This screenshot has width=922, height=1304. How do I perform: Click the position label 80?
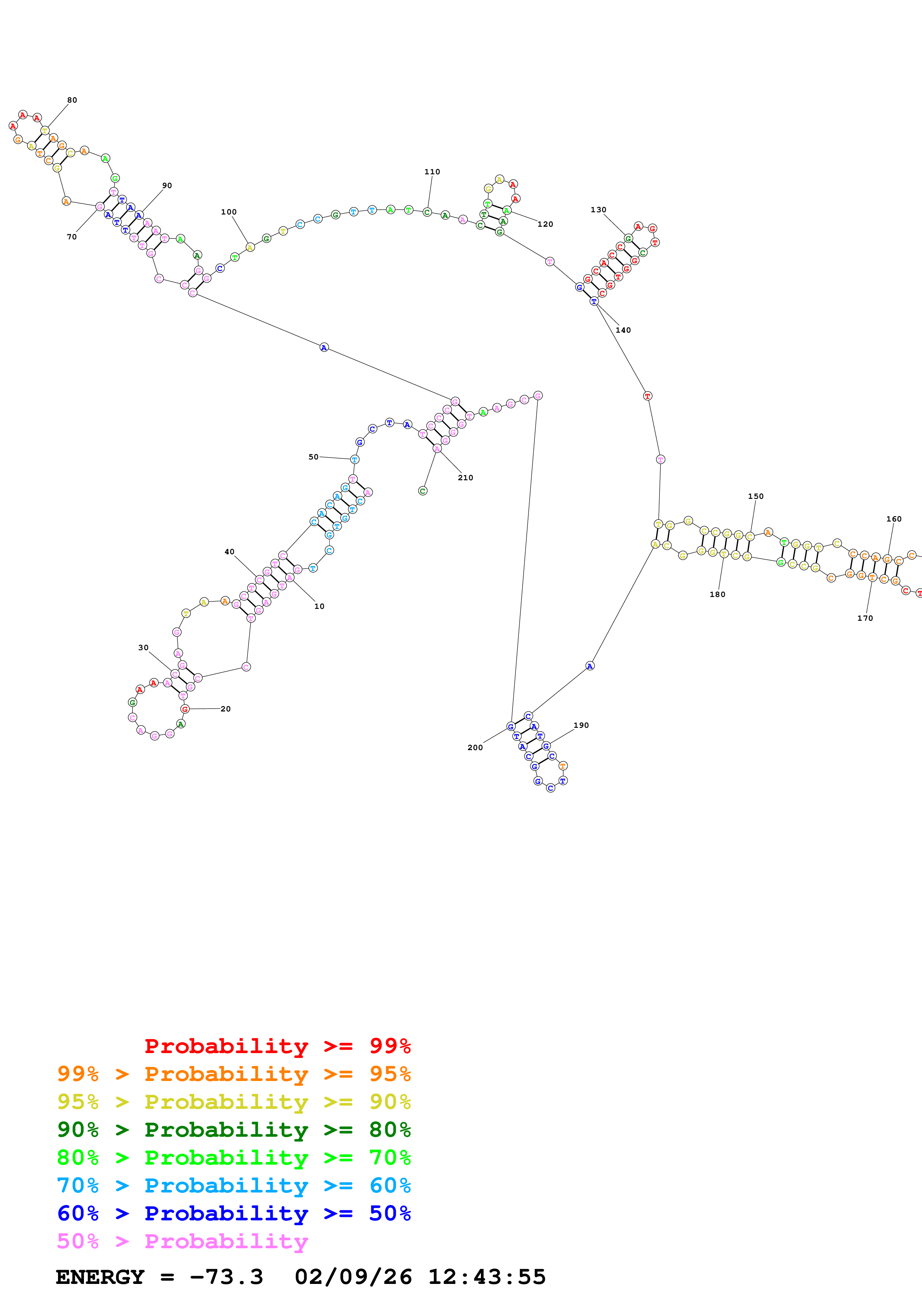point(72,100)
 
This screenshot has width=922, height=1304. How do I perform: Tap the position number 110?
point(432,171)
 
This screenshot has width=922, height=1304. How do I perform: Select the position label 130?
point(598,210)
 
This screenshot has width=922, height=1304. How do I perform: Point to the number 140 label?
point(623,330)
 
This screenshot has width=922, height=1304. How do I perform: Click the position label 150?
point(755,496)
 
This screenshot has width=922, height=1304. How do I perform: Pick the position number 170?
point(865,618)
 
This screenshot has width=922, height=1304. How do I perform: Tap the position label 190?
point(581,725)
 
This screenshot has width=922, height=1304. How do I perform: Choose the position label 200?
point(475,748)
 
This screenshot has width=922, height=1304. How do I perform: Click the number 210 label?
point(465,478)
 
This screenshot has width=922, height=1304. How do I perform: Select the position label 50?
point(313,456)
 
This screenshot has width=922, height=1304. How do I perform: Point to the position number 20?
point(225,709)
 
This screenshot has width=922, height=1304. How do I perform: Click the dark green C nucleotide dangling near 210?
point(423,491)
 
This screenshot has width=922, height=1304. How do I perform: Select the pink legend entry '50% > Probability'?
point(182,1242)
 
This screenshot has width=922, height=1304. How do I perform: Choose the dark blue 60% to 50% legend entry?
point(234,1214)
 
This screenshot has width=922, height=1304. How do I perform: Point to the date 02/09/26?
point(353,1277)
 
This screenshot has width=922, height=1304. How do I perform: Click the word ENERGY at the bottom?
point(100,1277)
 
